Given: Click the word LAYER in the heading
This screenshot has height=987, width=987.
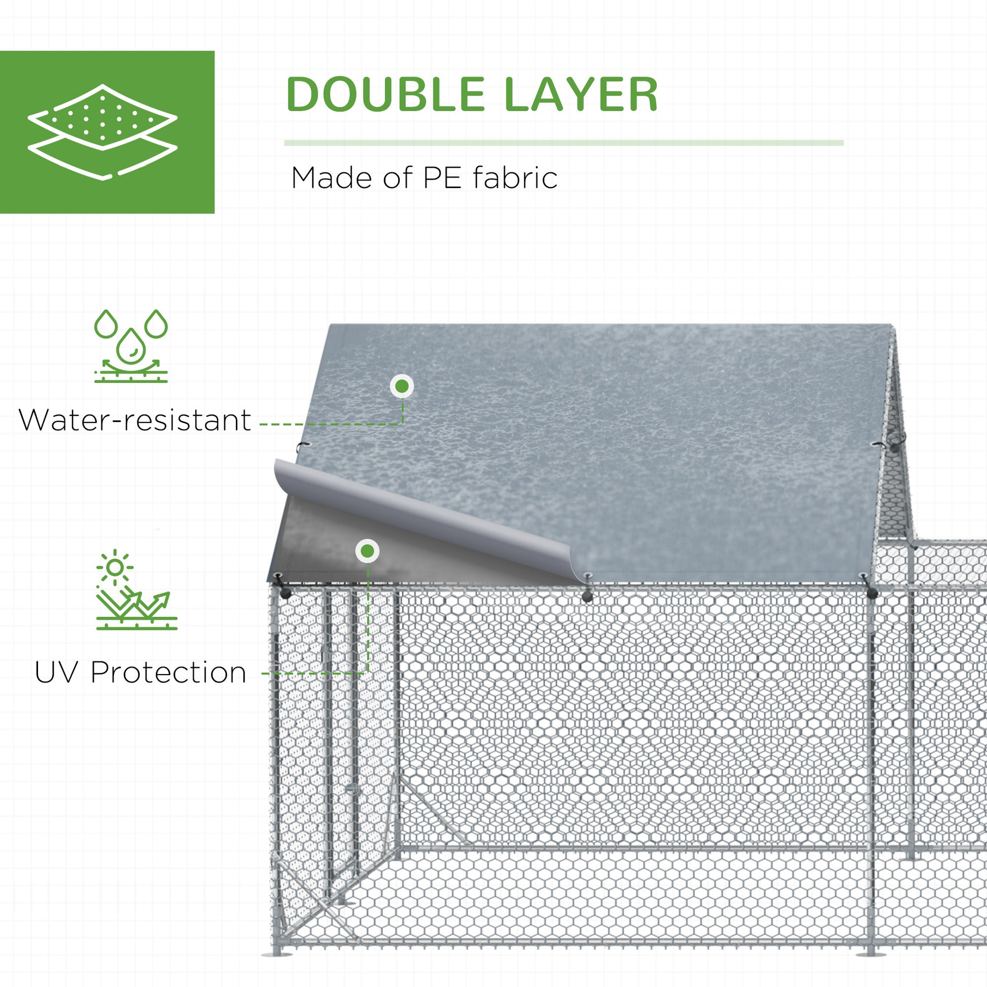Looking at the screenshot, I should click(580, 94).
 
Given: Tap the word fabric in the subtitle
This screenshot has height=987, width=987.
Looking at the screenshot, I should click(515, 179).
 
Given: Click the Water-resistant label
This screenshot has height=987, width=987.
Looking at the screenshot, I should click(135, 420).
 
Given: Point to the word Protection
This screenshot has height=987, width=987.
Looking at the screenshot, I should click(168, 673).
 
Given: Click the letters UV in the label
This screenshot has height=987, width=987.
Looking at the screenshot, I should click(56, 673).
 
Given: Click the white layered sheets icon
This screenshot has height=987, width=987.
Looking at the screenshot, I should click(102, 132).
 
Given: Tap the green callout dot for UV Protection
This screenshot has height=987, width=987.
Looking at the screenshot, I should click(367, 551).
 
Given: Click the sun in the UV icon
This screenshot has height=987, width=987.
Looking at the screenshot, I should click(115, 568).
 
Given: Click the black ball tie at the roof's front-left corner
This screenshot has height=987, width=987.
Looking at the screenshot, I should click(285, 592).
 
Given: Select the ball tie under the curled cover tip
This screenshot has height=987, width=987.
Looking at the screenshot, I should click(587, 595).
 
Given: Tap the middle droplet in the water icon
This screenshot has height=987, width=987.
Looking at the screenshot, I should click(131, 345).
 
